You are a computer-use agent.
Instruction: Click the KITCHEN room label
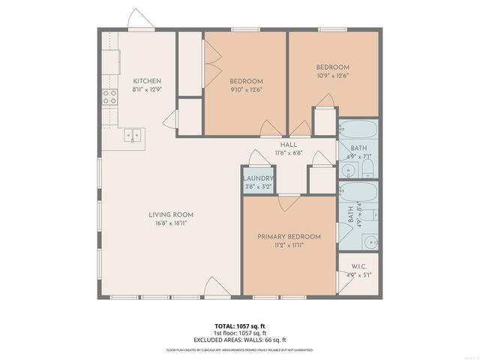147,81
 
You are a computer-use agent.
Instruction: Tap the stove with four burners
109,97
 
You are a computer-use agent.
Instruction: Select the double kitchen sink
135,136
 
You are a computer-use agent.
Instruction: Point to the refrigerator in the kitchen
111,61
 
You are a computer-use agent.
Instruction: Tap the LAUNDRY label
259,178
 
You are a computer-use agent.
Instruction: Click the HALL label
289,144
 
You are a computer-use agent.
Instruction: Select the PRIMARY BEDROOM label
289,237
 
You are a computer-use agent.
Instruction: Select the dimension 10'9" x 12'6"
332,75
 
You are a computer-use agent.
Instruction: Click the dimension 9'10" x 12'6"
246,89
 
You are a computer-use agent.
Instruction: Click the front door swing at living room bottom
212,287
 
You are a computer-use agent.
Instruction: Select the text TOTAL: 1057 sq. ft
240,326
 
